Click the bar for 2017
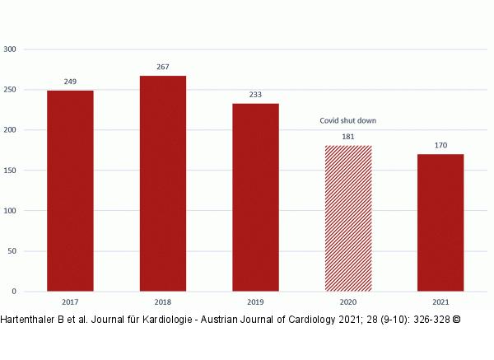tap(70, 190)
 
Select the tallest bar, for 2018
tap(163, 183)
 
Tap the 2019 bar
tap(255, 197)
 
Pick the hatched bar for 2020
tap(348, 218)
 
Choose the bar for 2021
tap(440, 222)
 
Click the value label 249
tap(70, 82)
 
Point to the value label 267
tap(163, 67)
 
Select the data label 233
tap(255, 95)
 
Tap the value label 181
tap(348, 137)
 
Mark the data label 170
tap(440, 146)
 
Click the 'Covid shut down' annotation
tap(348, 121)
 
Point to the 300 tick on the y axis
tap(10, 49)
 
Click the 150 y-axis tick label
tap(10, 171)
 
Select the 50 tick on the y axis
tap(12, 251)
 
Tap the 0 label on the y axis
tap(14, 292)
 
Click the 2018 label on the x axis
tap(163, 302)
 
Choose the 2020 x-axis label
tap(348, 302)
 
